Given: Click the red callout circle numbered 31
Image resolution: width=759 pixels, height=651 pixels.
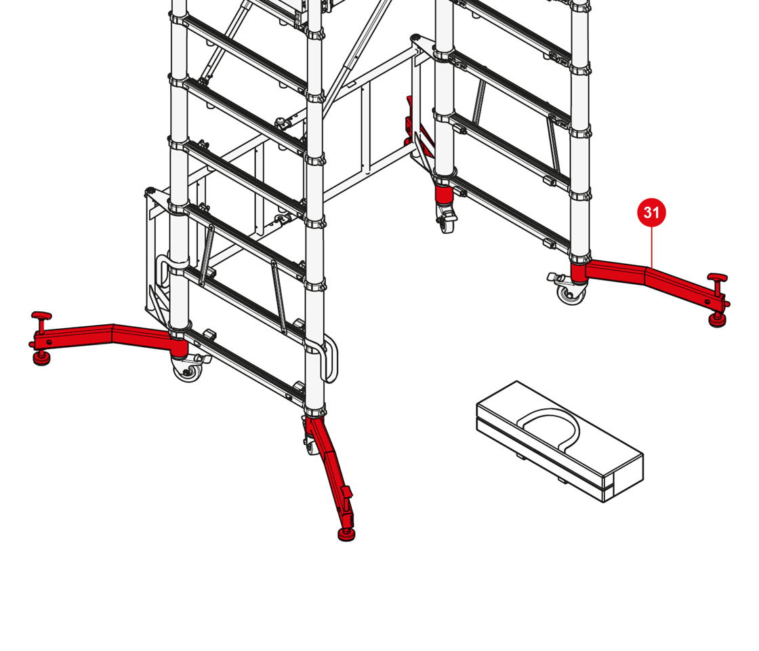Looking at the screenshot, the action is [651, 212].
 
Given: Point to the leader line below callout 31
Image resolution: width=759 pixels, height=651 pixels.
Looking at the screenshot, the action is [651, 247].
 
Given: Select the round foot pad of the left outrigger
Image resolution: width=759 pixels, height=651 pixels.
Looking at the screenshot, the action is [41, 359].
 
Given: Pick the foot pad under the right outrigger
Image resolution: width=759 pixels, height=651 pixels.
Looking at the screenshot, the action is [718, 320].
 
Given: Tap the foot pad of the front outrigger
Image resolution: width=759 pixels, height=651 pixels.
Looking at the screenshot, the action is [346, 534].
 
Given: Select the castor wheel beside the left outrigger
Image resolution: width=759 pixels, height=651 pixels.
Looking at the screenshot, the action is [187, 371].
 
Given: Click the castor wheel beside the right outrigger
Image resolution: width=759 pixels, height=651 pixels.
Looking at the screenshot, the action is [571, 294].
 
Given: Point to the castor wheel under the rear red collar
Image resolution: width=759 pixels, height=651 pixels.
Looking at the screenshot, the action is [447, 221].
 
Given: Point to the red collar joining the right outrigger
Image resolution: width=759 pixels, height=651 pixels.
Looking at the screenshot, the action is [579, 273].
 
